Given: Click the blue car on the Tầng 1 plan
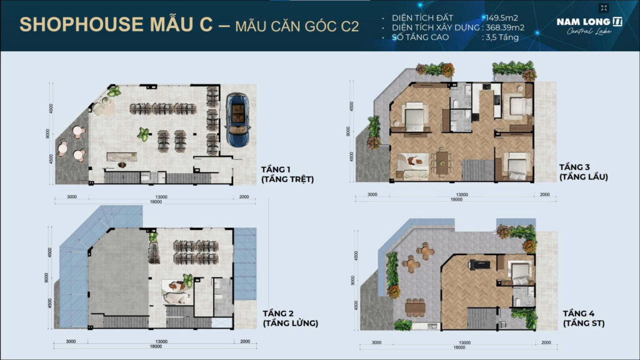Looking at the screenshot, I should coord(238,119).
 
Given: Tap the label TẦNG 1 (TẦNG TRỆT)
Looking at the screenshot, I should coord(288,174).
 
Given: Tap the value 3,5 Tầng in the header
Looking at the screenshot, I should coord(501,37).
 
